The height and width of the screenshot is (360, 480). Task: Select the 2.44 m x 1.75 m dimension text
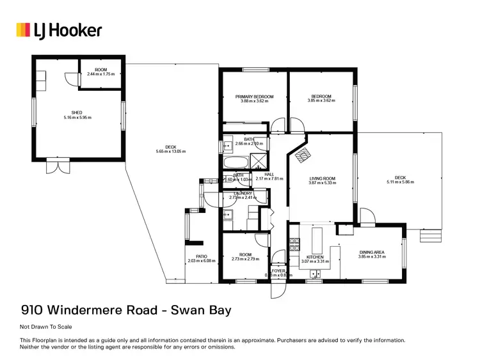click(x=100, y=74)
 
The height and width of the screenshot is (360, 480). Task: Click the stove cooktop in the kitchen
click(x=295, y=244)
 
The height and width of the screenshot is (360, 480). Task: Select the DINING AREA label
click(x=372, y=252)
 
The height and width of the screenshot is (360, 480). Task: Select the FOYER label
click(x=278, y=271)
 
